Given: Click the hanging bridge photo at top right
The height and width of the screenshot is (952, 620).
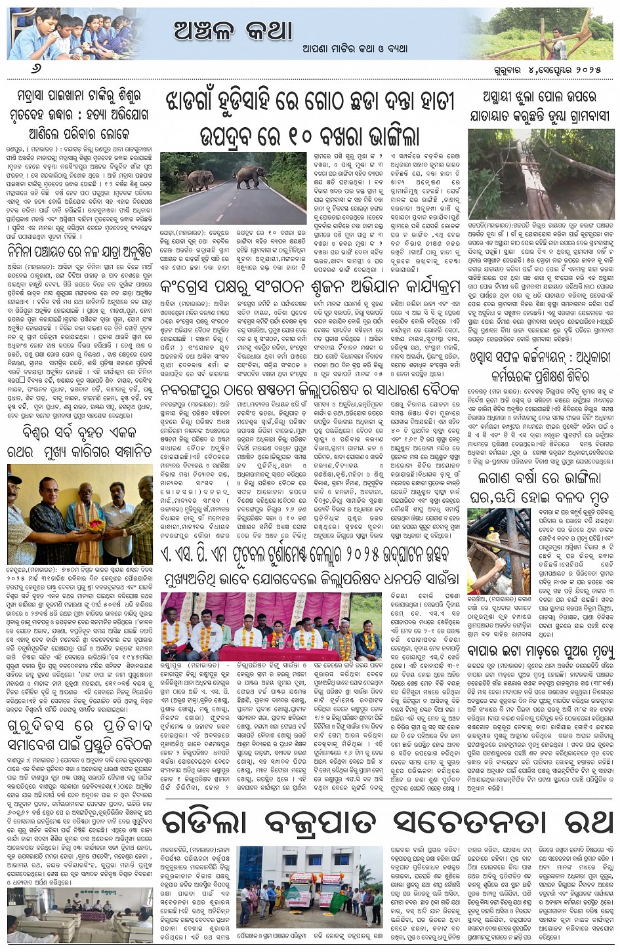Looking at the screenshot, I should tap(541, 174).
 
